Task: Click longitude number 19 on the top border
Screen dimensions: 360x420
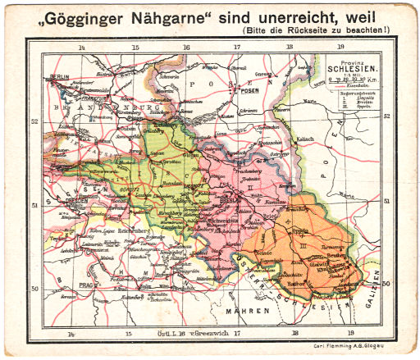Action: (349, 47)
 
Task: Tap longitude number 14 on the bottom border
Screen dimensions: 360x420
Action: (71, 335)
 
